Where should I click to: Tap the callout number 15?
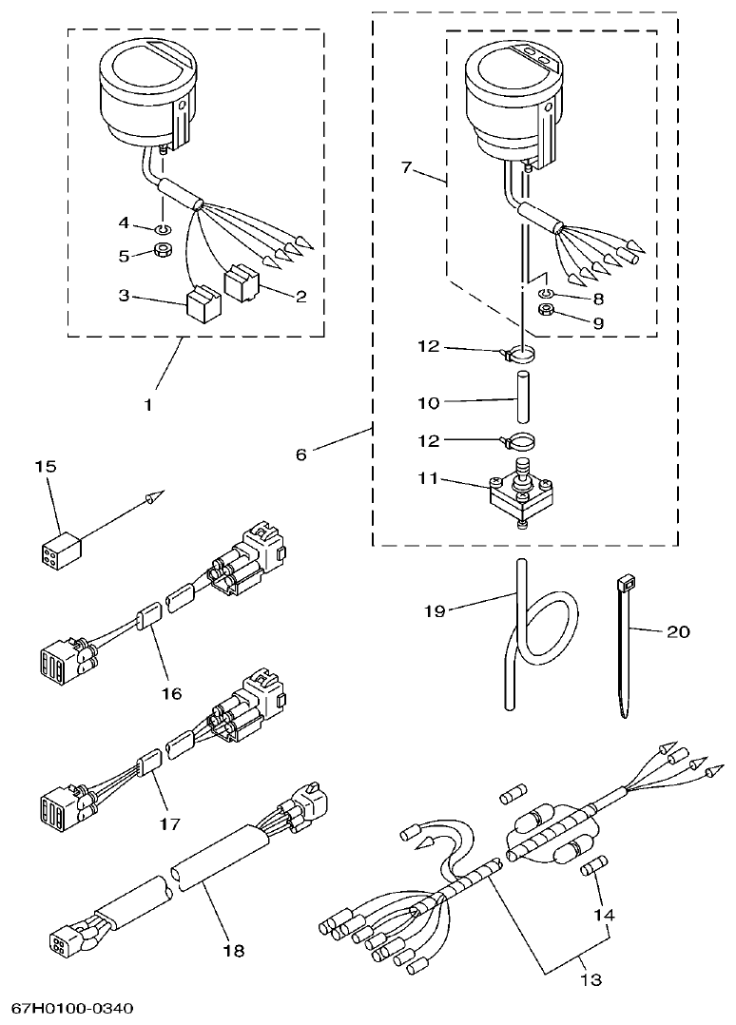pos(46,466)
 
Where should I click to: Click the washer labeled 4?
pos(164,227)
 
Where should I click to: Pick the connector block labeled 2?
pos(242,282)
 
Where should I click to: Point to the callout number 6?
pos(300,454)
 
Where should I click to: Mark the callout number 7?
pos(406,168)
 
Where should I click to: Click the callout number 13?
pos(591,978)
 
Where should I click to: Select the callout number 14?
pos(605,916)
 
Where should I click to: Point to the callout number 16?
pos(171,693)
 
